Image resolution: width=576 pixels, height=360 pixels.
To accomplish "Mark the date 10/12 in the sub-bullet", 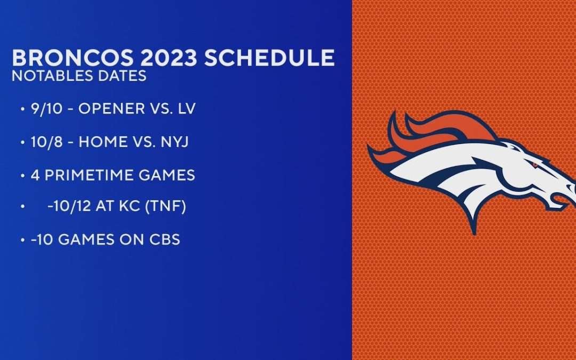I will pyautogui.click(x=66, y=207).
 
